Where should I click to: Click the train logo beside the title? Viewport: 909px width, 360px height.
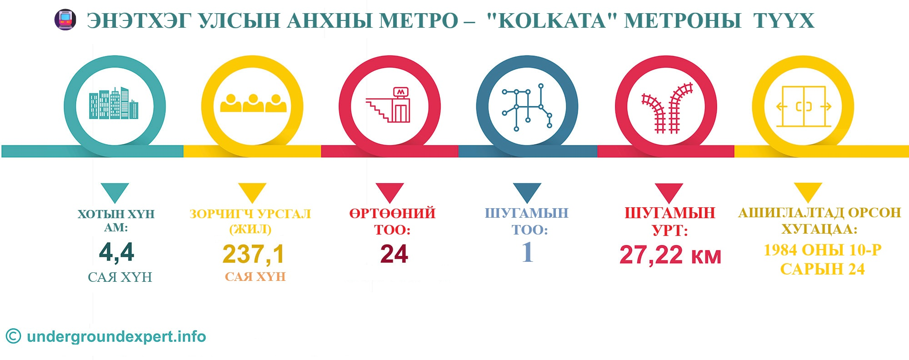click(x=65, y=20)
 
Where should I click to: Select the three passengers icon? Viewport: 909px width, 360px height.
click(x=253, y=103)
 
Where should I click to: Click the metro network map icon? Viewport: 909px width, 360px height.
click(x=527, y=107)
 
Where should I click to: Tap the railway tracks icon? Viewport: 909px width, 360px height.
click(x=667, y=108)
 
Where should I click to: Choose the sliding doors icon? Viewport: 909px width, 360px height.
click(x=804, y=106)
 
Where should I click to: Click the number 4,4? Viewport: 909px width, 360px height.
click(x=117, y=252)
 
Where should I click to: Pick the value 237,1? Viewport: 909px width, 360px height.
click(x=253, y=254)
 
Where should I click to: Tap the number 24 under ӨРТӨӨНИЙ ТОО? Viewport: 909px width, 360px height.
click(x=394, y=254)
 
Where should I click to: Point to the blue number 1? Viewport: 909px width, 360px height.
click(x=528, y=252)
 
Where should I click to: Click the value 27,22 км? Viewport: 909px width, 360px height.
click(x=670, y=255)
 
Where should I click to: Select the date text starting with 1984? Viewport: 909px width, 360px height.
click(x=823, y=260)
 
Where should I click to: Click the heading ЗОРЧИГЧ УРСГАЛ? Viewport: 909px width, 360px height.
click(x=250, y=214)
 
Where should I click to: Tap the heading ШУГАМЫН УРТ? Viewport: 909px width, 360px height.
click(x=670, y=221)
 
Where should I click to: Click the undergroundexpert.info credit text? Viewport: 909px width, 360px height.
click(x=116, y=337)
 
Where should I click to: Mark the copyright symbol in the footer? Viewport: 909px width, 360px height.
click(x=13, y=336)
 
